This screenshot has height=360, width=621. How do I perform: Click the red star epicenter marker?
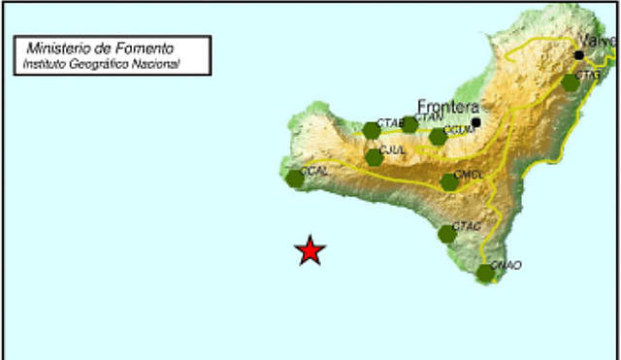pos(310,250)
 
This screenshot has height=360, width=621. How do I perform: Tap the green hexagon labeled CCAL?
pos(296,179)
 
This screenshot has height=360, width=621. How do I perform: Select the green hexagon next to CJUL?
pos(375,157)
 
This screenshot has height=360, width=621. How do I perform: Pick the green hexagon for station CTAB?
pos(371,131)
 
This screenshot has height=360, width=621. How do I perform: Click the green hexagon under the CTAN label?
pos(409,125)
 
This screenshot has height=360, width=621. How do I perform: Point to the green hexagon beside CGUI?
pos(438,137)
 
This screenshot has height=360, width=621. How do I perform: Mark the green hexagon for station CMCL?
pos(449,181)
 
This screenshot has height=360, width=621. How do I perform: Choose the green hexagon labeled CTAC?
pos(446,233)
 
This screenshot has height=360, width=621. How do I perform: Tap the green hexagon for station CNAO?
pos(485,273)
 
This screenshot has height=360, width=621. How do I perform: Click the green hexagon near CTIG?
pos(571,83)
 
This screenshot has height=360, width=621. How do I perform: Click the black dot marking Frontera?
pos(476,122)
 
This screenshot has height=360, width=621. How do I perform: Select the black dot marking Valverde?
pos(579,55)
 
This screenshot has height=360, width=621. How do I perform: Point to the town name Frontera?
pos(448,107)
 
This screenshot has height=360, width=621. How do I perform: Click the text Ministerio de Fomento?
pos(101,47)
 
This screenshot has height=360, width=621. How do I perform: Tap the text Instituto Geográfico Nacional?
pos(102,64)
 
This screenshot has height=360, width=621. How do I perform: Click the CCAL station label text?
pos(315,171)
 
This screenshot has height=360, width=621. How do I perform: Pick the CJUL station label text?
pos(393,150)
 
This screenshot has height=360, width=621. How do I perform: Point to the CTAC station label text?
pos(468,226)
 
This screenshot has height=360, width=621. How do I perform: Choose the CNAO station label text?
pos(507,265)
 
